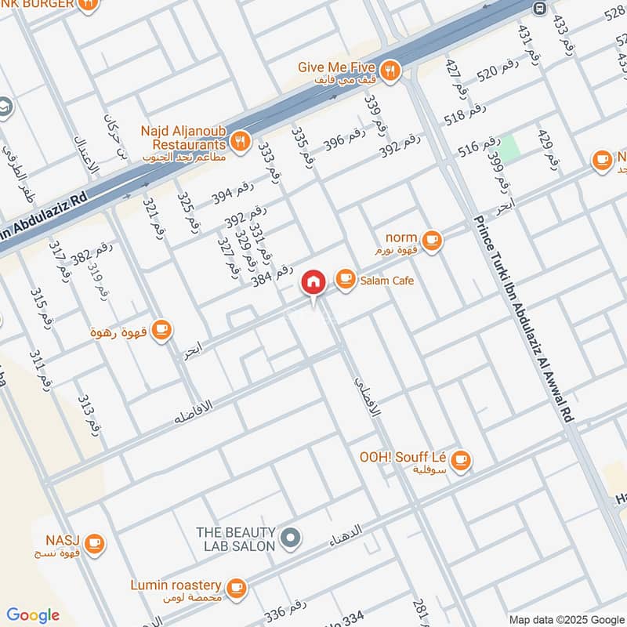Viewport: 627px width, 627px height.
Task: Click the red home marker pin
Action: pyautogui.click(x=313, y=282)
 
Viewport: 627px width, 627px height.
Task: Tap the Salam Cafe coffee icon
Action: pyautogui.click(x=344, y=279)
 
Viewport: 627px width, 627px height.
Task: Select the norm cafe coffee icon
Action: pyautogui.click(x=431, y=239)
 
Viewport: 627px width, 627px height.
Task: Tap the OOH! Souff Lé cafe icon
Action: pyautogui.click(x=461, y=460)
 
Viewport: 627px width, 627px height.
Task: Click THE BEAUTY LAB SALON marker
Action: pyautogui.click(x=291, y=538)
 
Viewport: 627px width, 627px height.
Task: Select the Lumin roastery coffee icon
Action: pyautogui.click(x=236, y=587)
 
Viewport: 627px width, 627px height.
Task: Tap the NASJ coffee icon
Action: pyautogui.click(x=94, y=542)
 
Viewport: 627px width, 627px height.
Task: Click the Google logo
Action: pyautogui.click(x=33, y=615)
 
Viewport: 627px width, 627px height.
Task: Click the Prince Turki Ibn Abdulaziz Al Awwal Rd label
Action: pyautogui.click(x=525, y=321)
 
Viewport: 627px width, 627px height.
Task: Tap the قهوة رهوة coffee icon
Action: pyautogui.click(x=161, y=330)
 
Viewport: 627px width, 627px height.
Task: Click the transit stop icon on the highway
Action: pyautogui.click(x=538, y=8)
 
